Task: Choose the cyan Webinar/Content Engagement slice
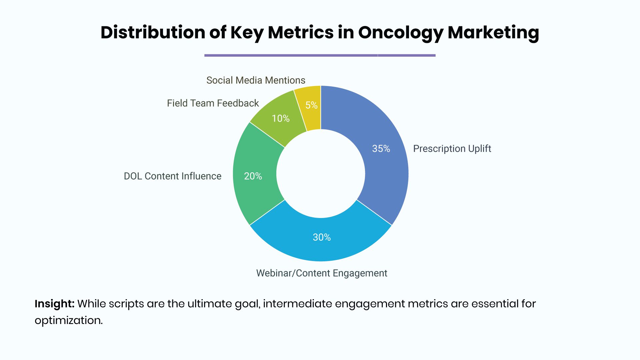pos(321,238)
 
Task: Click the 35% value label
pos(381,149)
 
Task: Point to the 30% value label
pos(322,237)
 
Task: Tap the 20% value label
pos(253,176)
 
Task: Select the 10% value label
pos(281,118)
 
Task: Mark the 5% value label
pos(312,105)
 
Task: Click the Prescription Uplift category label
pos(452,149)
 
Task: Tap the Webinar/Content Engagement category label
pos(322,273)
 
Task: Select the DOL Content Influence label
pos(173,176)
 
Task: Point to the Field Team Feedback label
pos(213,103)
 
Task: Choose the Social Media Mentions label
pos(256,80)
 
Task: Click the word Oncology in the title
pos(401,33)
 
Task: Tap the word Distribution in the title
pos(153,32)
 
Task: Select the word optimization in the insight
pos(69,320)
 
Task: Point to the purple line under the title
pos(320,55)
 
